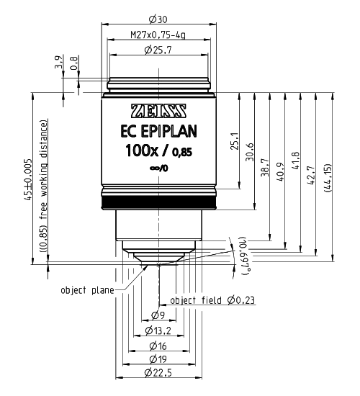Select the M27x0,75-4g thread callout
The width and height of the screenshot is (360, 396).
tap(159, 35)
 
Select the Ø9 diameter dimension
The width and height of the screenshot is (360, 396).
tap(158, 315)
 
